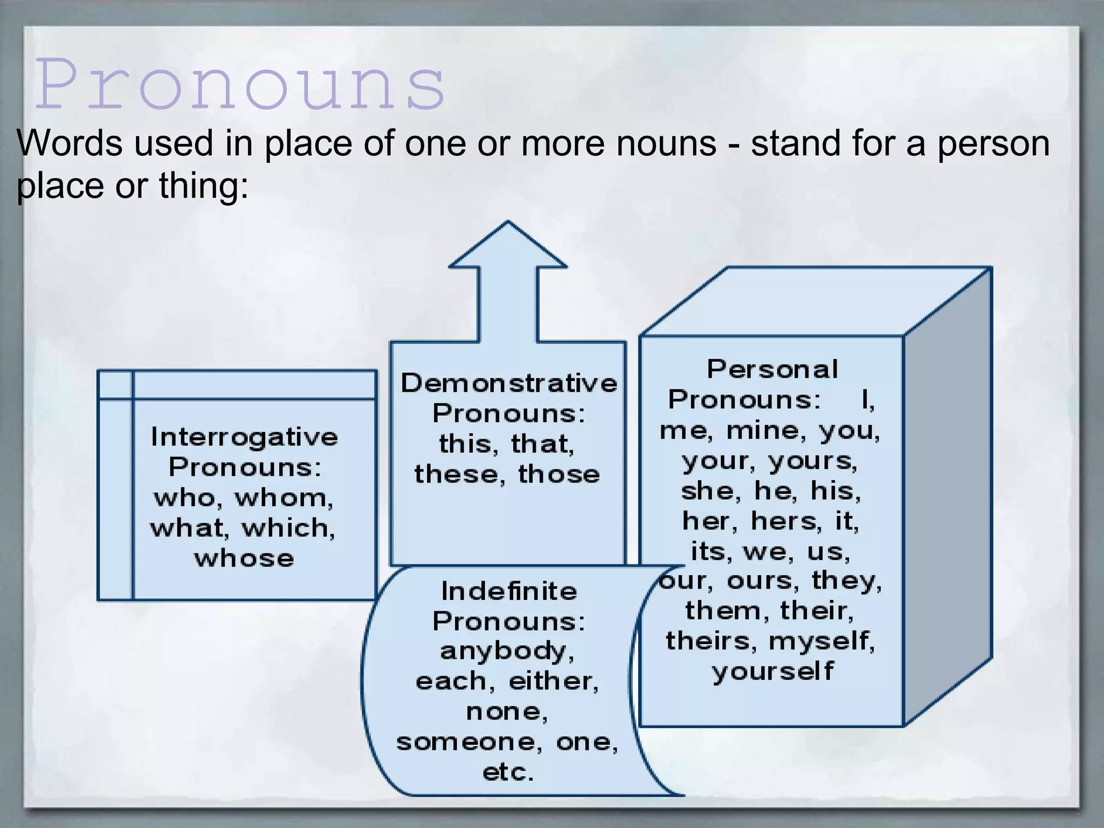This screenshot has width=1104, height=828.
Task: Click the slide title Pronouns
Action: (x=240, y=85)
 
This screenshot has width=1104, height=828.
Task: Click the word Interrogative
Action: (x=244, y=437)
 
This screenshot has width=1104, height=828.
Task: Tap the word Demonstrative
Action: (x=509, y=383)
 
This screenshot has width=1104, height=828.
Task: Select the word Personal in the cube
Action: (x=772, y=370)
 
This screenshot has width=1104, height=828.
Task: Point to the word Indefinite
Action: (x=509, y=591)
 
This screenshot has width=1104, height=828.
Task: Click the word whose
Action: (x=244, y=558)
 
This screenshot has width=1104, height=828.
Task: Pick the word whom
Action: (x=284, y=498)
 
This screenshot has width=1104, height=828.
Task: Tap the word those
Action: (x=558, y=474)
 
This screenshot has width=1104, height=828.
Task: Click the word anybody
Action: (x=507, y=652)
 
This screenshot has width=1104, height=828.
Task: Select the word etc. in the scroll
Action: (x=508, y=772)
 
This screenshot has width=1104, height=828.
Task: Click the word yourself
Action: (x=772, y=672)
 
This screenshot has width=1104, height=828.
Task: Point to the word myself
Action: (x=822, y=641)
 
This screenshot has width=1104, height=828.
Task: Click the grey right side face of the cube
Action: (x=948, y=496)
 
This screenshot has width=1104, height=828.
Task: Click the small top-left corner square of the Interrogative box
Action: (x=115, y=385)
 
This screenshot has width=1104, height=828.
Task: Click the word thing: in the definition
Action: (x=203, y=186)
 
